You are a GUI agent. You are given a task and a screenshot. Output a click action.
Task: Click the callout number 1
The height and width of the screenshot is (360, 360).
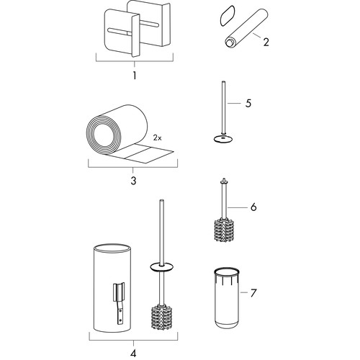135,76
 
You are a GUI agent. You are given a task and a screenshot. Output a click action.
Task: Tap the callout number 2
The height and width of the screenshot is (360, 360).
266,42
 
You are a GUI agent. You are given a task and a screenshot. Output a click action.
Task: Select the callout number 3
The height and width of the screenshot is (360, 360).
134,181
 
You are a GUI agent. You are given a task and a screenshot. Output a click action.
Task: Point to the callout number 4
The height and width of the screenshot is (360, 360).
133,353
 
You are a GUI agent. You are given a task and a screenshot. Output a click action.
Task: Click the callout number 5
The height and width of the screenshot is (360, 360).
248,104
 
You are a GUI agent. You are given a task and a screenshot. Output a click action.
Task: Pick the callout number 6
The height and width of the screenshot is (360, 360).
253,207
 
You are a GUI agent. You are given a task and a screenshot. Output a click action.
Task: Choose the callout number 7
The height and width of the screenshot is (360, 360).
253,293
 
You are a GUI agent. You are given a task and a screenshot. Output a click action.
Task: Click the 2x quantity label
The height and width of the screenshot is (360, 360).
158,138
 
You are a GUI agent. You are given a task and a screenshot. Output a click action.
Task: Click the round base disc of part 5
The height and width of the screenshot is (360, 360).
224,138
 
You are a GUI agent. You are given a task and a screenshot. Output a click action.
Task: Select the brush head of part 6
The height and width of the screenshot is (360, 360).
224,229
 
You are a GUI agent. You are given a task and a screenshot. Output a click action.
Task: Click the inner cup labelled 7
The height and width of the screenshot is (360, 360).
227,297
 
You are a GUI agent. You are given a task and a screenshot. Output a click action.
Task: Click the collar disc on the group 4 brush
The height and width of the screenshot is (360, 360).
162,267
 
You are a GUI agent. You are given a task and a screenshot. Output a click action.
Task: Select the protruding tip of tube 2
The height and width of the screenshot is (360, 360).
228,43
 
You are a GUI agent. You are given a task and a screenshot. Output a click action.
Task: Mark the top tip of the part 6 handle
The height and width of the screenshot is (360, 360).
224,179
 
